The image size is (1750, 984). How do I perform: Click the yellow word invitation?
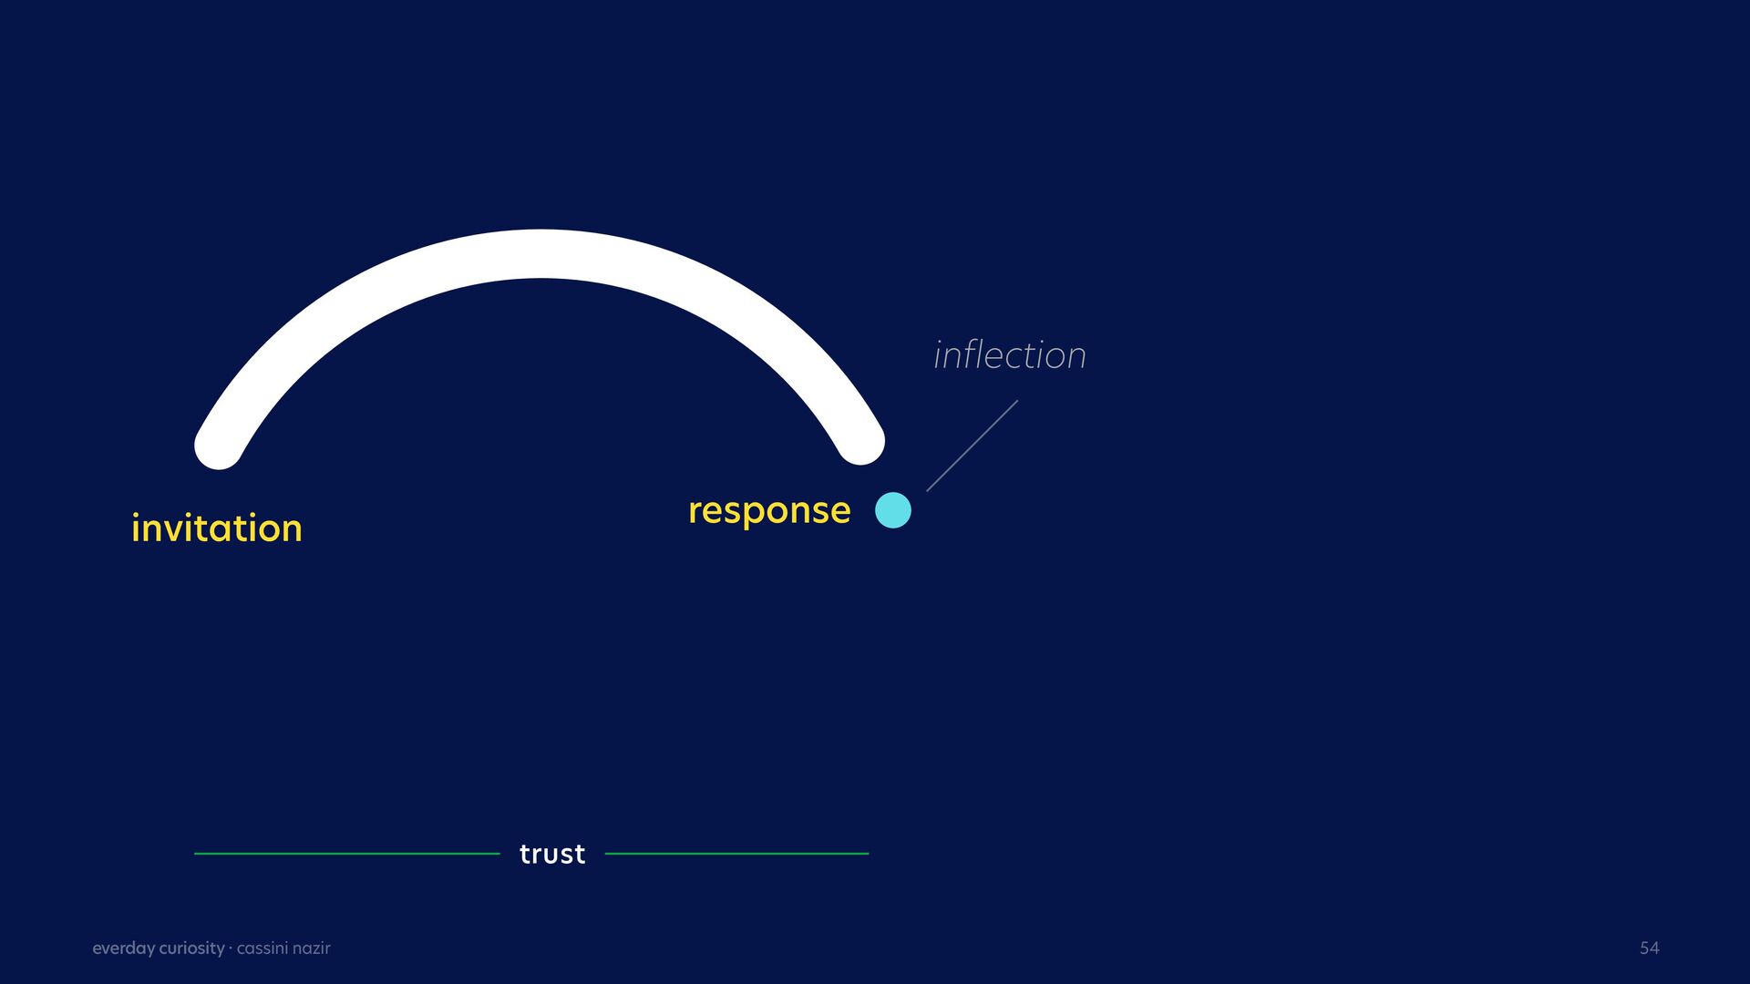click(217, 528)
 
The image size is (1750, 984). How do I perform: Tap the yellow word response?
click(769, 511)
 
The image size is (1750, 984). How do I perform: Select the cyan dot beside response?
click(893, 510)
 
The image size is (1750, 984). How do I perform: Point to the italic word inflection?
click(1010, 354)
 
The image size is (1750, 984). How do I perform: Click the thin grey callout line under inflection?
click(973, 446)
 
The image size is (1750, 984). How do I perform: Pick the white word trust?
click(552, 854)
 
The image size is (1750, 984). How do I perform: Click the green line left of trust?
click(347, 854)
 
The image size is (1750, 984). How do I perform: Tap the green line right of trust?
click(736, 854)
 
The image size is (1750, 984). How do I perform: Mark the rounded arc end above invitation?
click(219, 446)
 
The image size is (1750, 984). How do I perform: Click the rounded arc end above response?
click(860, 441)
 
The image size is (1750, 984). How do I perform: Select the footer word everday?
click(124, 948)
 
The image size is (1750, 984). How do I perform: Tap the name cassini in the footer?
click(262, 948)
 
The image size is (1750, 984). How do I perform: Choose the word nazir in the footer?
click(312, 948)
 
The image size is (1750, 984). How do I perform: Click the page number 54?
click(1650, 948)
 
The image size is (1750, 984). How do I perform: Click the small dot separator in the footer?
click(231, 948)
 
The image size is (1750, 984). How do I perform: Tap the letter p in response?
click(746, 515)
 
